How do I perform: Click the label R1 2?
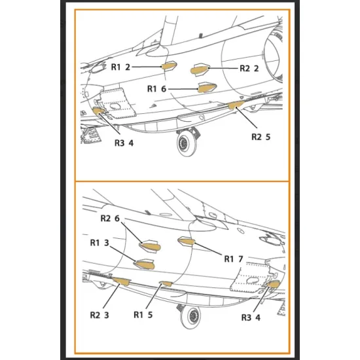click(x=120, y=67)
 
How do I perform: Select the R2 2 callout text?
click(x=249, y=68)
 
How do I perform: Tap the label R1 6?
click(x=156, y=88)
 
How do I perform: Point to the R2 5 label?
click(x=261, y=137)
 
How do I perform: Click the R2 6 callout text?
click(x=110, y=218)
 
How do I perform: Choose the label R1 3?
click(x=99, y=243)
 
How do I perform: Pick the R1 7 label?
click(x=234, y=259)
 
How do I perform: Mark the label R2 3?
click(x=99, y=315)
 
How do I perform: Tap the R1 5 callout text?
click(x=143, y=315)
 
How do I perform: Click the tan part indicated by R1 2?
click(x=169, y=66)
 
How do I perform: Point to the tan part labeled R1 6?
click(x=207, y=88)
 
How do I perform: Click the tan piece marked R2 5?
click(x=236, y=105)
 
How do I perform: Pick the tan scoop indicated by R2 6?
click(x=151, y=247)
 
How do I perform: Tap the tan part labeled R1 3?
click(x=145, y=264)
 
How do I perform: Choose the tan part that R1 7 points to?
click(x=187, y=241)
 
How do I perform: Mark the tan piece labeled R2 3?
click(x=121, y=281)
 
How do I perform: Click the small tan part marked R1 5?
click(x=166, y=283)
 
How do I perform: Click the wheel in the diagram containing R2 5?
click(x=187, y=144)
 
